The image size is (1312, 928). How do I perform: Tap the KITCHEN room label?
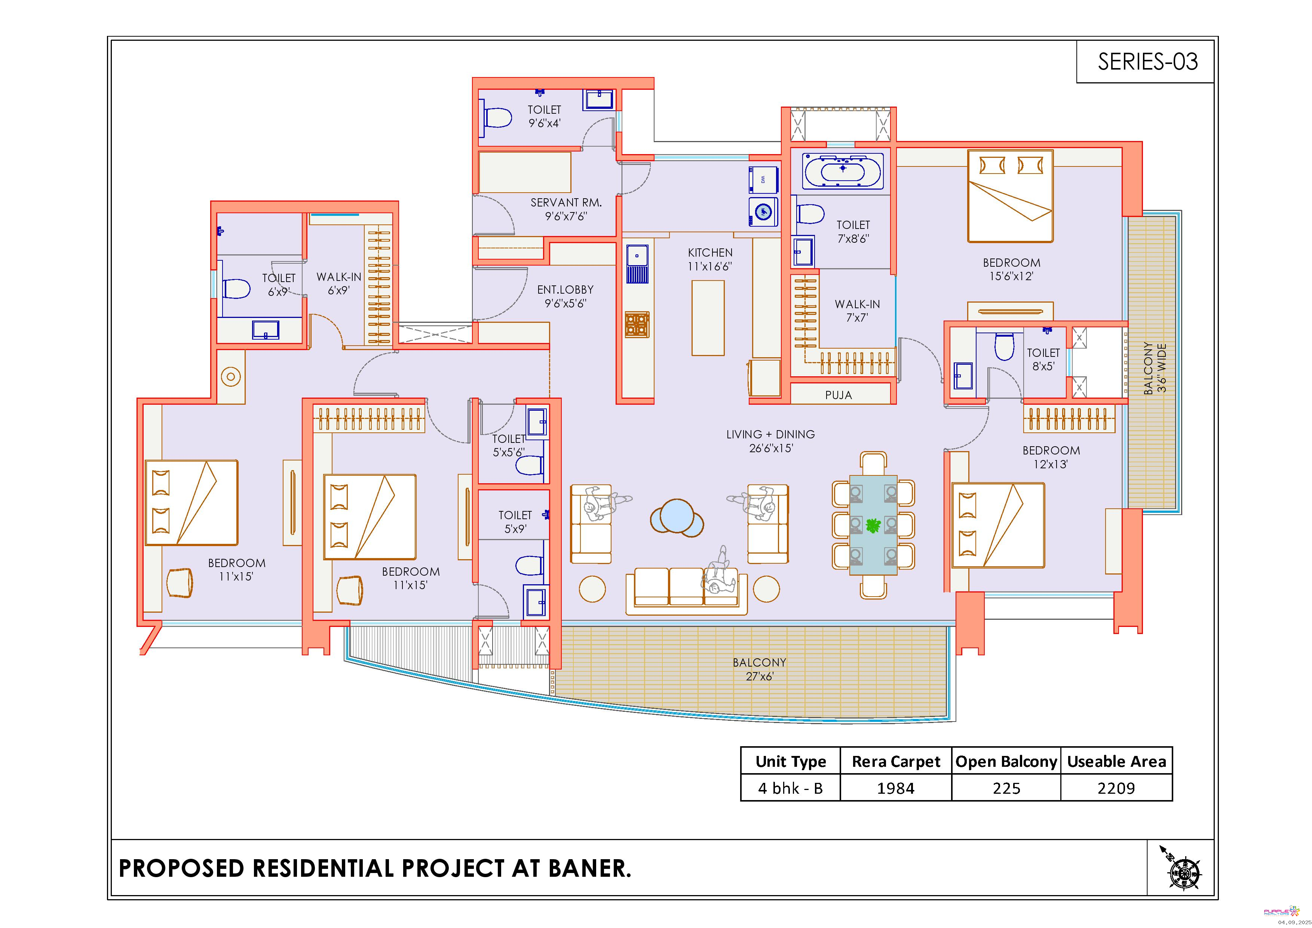[x=710, y=252]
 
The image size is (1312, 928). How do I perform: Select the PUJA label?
[x=838, y=395]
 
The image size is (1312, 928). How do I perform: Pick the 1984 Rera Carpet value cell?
[x=895, y=788]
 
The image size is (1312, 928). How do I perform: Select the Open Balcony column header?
[x=1006, y=761]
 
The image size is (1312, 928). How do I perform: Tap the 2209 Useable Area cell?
[x=1116, y=788]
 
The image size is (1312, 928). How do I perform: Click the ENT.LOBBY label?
[x=565, y=290]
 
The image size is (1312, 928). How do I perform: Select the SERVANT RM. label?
[x=566, y=202]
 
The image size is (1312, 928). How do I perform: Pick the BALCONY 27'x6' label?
[x=760, y=669]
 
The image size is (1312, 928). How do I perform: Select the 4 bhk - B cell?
[x=790, y=788]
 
